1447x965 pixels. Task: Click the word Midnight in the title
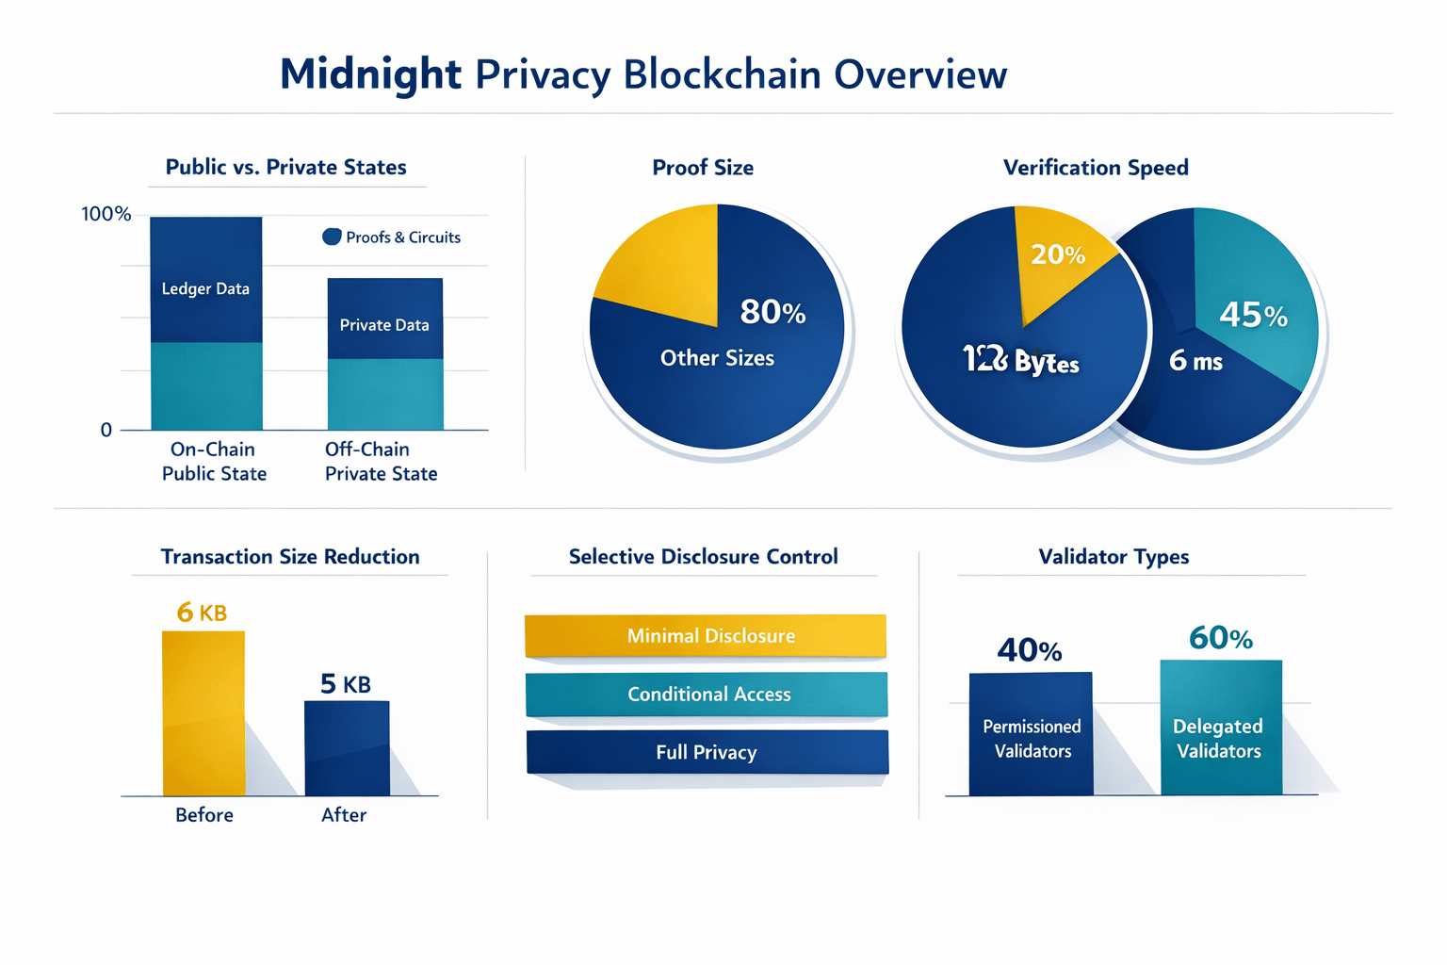(370, 74)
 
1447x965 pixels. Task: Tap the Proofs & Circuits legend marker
(332, 237)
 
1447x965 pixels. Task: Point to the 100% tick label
(106, 214)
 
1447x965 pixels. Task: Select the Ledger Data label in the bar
(205, 288)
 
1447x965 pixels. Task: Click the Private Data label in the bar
(384, 325)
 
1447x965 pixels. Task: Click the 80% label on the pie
(772, 312)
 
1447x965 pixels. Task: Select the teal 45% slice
(1253, 302)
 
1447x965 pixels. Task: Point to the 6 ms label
(1195, 360)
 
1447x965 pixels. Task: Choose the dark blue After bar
(347, 748)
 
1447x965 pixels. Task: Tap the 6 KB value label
(202, 613)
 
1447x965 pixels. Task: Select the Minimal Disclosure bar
(706, 636)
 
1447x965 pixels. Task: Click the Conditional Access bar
(707, 695)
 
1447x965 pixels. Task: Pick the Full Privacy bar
(707, 752)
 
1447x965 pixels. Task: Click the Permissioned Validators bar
(1031, 734)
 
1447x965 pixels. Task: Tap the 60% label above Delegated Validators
(1220, 638)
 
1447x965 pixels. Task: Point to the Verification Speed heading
(1096, 168)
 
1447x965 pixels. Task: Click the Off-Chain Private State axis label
(381, 461)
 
